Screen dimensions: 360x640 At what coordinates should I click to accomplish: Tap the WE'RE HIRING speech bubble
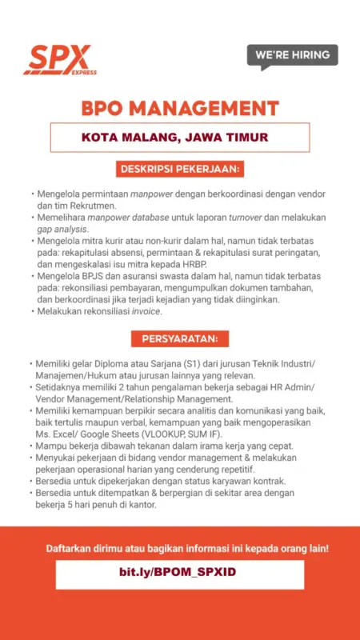[292, 55]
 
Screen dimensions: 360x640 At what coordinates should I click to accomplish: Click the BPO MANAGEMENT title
[180, 108]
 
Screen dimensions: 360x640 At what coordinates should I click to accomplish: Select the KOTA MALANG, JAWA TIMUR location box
[180, 138]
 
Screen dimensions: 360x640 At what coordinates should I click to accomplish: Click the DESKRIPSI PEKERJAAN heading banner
[180, 170]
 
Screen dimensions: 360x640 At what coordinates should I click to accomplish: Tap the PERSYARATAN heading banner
[180, 338]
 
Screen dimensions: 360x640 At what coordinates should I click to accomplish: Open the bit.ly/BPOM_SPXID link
[180, 574]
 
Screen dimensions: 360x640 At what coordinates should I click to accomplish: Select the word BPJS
[89, 276]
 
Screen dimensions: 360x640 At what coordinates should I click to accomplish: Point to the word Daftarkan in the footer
[69, 550]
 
